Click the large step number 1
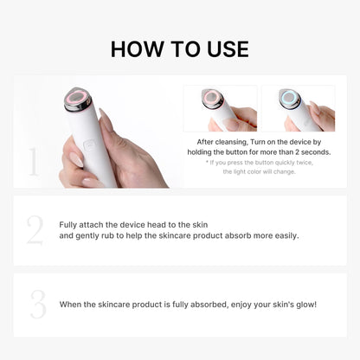click(34, 162)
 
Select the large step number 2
click(35, 230)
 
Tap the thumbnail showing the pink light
click(220, 108)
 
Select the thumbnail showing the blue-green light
click(298, 108)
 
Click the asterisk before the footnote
click(207, 162)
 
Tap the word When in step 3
click(70, 305)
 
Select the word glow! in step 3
click(305, 305)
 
